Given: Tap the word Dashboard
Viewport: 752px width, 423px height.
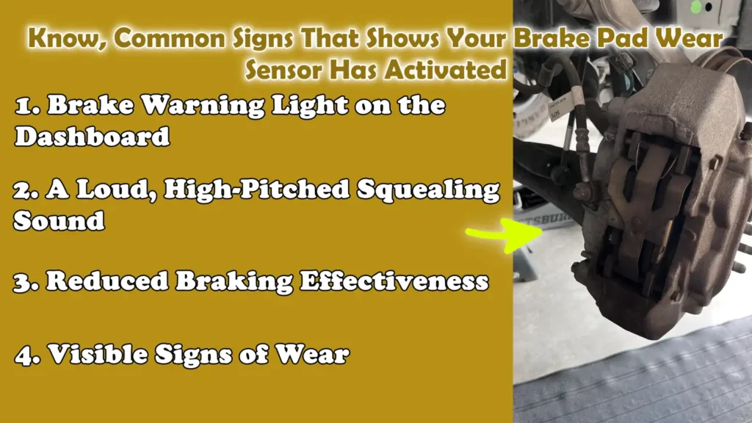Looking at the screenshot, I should [x=93, y=137].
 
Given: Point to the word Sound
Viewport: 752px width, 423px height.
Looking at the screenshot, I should [x=59, y=221].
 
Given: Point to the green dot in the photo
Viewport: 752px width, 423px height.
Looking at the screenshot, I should [x=696, y=8].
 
